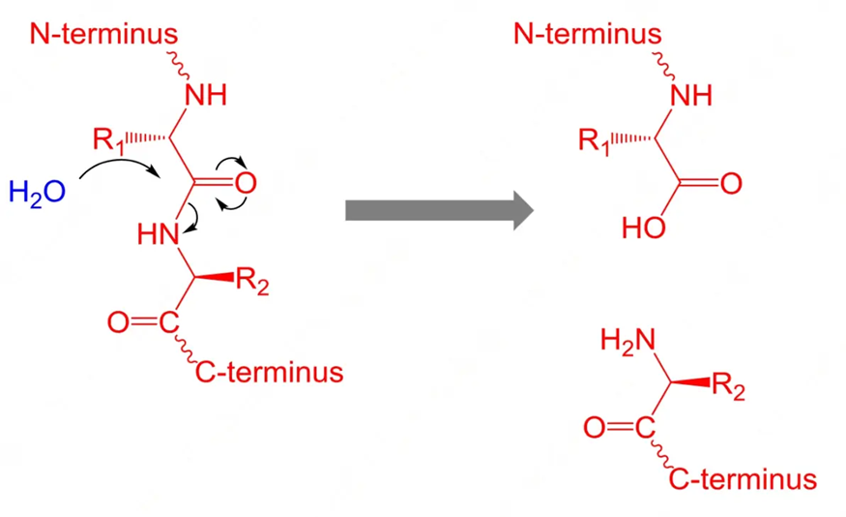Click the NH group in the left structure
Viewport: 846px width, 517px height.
(204, 95)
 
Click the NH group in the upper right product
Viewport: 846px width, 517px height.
(689, 95)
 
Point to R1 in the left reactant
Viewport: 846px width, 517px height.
(109, 139)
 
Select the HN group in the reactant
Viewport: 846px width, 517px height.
(159, 233)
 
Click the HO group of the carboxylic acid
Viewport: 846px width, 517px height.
(643, 228)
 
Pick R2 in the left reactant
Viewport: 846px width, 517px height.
(252, 285)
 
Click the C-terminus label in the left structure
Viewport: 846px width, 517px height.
(270, 371)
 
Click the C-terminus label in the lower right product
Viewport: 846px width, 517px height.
(744, 478)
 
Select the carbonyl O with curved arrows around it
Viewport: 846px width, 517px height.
(247, 183)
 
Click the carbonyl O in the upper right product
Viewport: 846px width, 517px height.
(731, 183)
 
